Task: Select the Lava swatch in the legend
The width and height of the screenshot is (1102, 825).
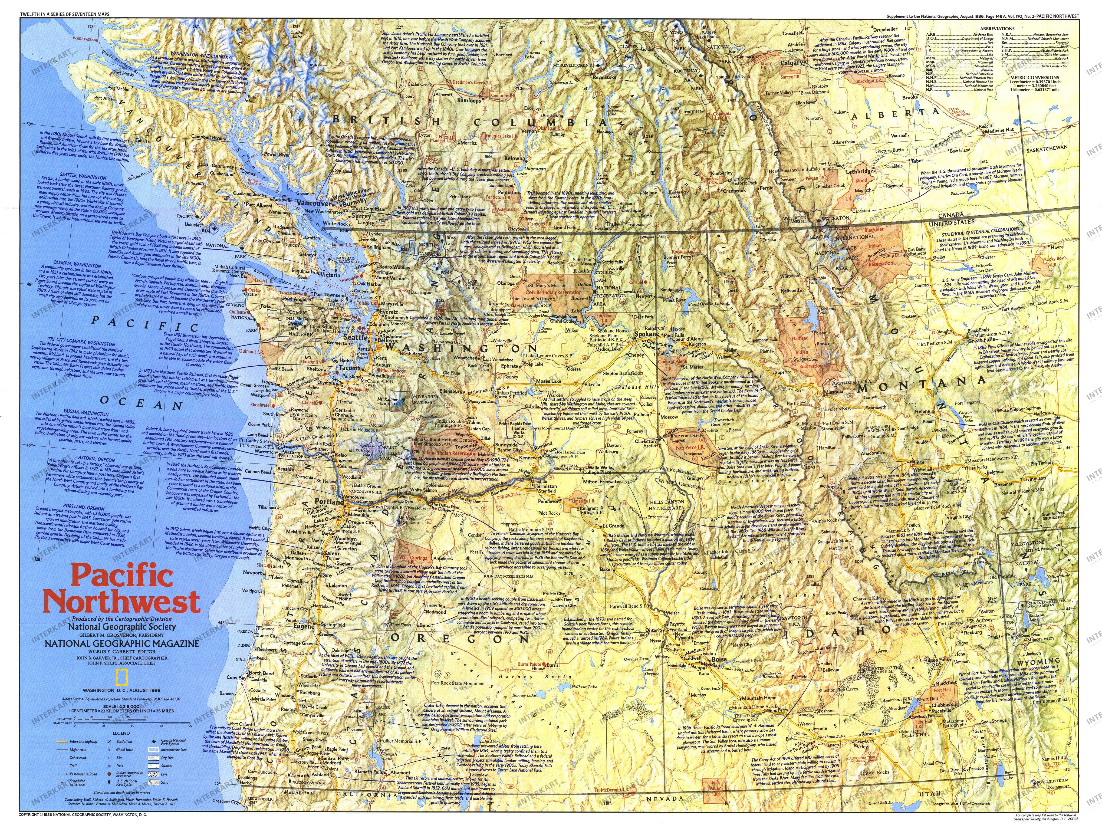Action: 153,774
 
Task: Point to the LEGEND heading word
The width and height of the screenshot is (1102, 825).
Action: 121,733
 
